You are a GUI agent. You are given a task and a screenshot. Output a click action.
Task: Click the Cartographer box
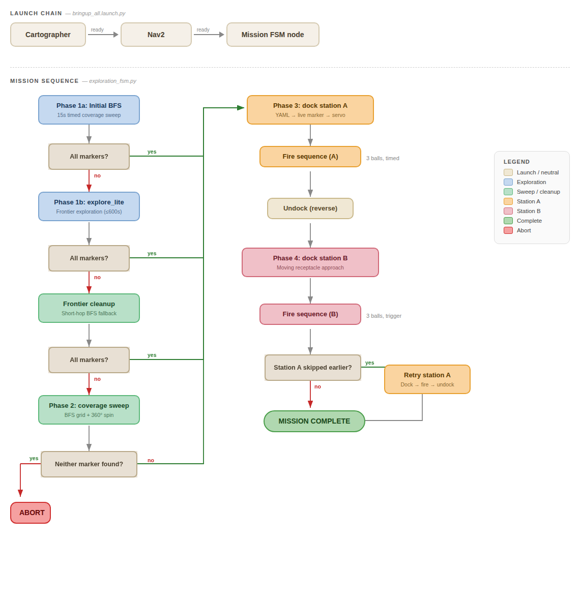[48, 35]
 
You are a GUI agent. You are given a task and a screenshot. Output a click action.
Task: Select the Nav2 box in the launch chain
[156, 35]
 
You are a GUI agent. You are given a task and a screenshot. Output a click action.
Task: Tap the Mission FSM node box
[273, 35]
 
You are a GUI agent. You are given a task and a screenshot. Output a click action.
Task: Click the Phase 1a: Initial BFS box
[89, 110]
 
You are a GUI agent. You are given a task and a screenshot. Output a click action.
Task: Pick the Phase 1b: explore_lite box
[89, 206]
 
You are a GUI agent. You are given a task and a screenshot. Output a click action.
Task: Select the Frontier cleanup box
[89, 308]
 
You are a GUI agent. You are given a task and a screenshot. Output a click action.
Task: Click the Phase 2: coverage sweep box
[89, 410]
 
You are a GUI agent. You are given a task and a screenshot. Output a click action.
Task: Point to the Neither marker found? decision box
[89, 464]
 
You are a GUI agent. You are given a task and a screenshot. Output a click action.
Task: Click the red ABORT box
[31, 513]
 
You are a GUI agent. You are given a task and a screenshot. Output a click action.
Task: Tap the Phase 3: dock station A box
[310, 110]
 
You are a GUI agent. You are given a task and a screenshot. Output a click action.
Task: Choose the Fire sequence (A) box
[310, 157]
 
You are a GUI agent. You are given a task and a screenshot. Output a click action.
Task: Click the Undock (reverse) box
[310, 208]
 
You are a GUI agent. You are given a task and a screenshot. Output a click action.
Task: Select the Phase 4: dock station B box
[310, 262]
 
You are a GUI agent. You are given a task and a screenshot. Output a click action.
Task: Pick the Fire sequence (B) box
[310, 314]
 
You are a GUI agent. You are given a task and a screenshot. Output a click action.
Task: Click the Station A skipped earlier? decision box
[313, 368]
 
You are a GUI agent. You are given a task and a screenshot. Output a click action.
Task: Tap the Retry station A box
[427, 379]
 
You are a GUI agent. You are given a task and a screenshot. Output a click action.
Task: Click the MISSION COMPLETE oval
[314, 421]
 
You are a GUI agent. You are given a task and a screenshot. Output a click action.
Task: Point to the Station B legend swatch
[508, 211]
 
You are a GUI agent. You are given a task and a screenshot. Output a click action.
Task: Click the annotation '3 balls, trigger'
[384, 316]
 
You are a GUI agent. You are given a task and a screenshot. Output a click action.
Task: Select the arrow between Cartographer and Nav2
[103, 35]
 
